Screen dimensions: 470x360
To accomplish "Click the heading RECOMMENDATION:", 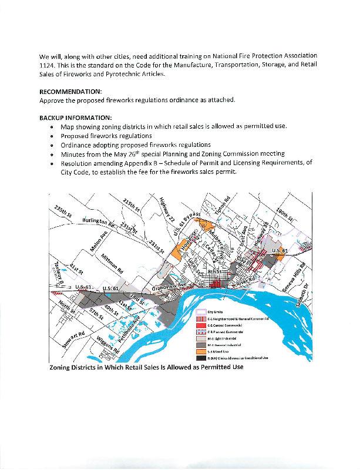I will tap(70, 92).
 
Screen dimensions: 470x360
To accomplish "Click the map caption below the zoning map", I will tap(146, 367).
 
